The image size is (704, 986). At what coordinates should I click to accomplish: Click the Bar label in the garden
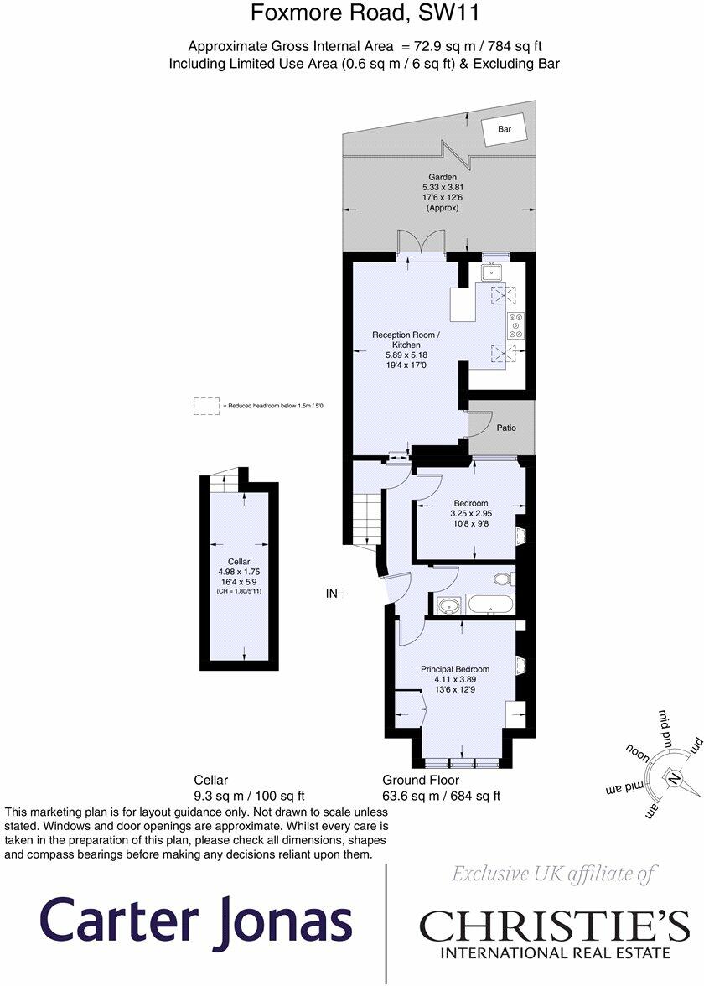505,129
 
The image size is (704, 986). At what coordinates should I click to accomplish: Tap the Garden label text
443,178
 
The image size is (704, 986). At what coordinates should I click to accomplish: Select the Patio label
506,428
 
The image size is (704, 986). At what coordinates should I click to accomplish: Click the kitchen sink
491,273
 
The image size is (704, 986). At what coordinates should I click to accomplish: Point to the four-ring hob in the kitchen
516,325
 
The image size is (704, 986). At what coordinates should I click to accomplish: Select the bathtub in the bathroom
490,605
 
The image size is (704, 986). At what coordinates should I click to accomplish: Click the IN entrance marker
331,593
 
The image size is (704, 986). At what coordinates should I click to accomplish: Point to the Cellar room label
239,562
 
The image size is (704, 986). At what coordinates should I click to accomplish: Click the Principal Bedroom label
455,669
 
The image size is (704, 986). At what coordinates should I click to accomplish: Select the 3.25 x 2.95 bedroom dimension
471,513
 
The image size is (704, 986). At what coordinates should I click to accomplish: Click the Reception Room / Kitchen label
406,340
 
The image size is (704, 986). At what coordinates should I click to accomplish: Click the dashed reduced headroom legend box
207,406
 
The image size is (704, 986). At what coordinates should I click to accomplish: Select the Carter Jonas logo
195,922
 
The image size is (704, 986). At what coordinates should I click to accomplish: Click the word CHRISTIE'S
554,926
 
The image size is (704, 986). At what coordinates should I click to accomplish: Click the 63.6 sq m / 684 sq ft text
441,796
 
